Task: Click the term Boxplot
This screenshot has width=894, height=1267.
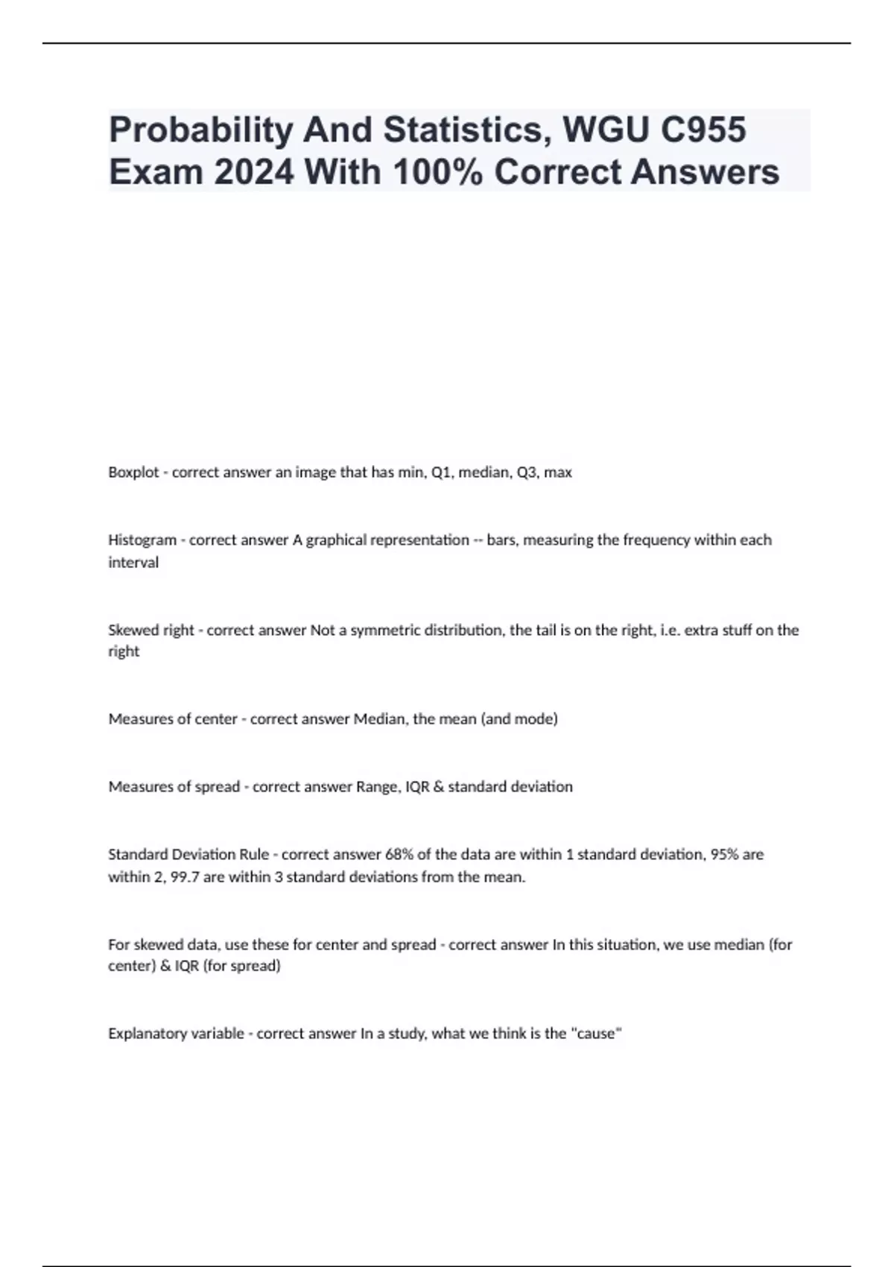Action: coord(133,473)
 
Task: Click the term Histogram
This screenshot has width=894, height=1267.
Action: coord(142,540)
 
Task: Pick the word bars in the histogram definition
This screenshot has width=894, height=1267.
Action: coord(503,540)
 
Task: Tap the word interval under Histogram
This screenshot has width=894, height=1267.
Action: coord(133,563)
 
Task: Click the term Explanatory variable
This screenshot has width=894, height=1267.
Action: coord(176,1034)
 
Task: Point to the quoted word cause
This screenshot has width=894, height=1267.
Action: coord(596,1034)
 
